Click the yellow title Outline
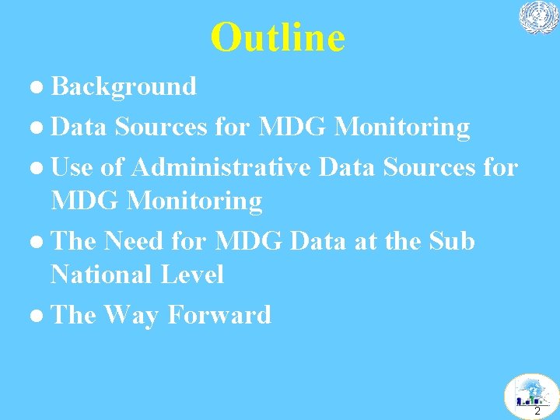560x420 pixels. coord(278,37)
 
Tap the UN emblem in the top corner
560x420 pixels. coord(539,17)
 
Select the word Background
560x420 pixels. coord(124,86)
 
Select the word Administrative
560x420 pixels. coord(222,166)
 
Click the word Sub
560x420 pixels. coord(452,241)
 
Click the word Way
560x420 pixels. coord(132,315)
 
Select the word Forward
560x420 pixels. coord(219,315)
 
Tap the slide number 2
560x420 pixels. coord(537,411)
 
